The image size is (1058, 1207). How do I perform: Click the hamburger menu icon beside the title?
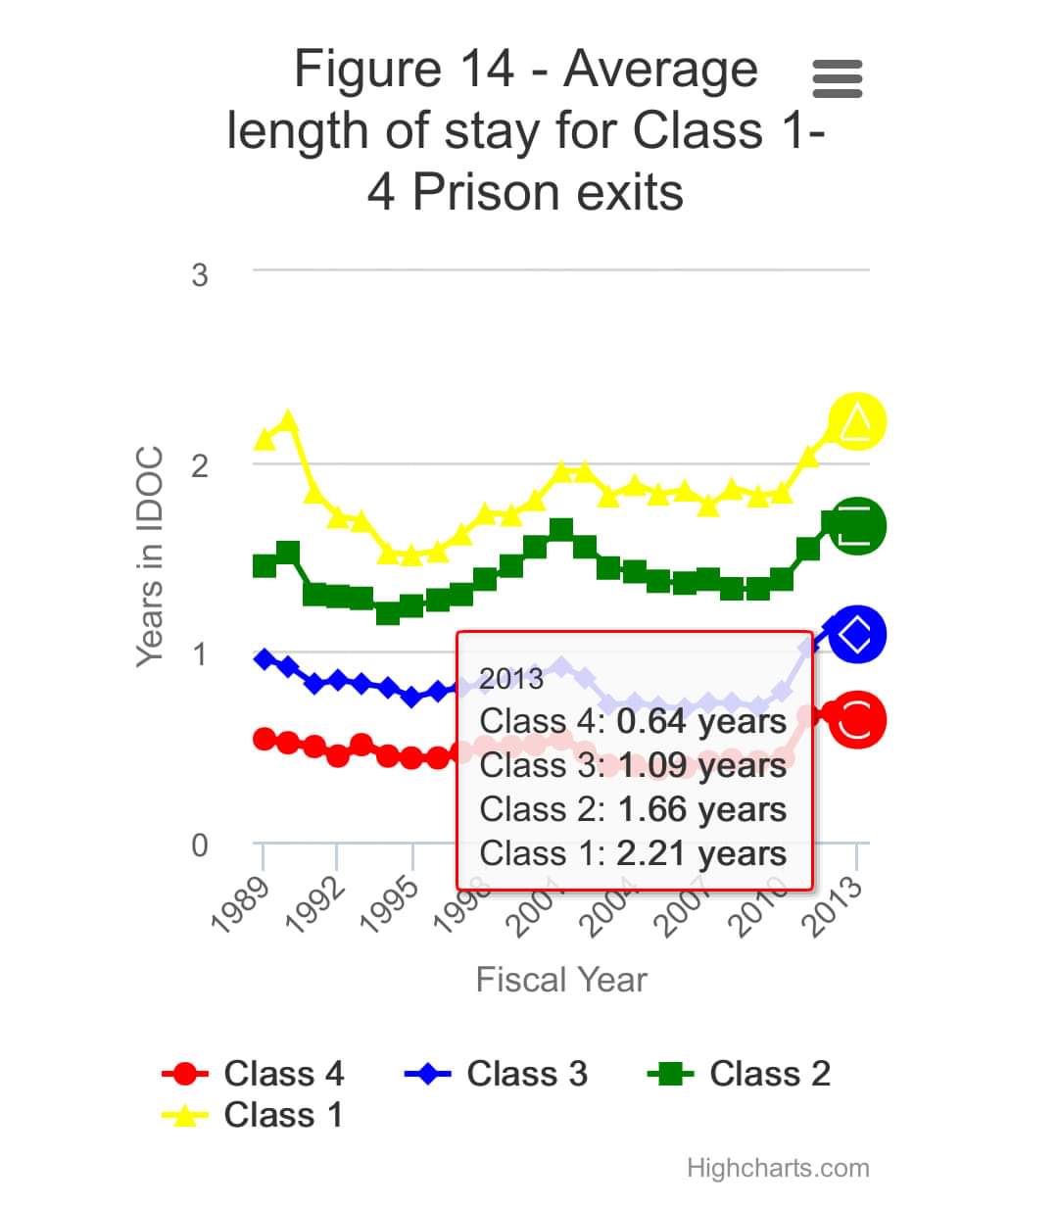838,78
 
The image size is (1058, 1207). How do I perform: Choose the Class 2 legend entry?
741,1074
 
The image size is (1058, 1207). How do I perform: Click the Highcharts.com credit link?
778,1168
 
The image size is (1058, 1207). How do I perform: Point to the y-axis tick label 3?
200,274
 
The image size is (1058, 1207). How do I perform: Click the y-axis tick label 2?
200,464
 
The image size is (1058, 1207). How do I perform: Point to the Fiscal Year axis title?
561,980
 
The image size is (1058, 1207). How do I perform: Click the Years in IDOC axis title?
149,556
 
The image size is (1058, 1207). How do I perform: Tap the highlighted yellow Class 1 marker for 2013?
857,421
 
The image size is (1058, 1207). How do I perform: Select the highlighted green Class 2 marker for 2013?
857,525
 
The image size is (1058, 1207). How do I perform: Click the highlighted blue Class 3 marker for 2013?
857,634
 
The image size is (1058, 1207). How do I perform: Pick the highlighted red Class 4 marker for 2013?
857,720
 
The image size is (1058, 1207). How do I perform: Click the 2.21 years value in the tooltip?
701,853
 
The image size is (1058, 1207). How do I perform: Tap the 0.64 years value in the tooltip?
701,722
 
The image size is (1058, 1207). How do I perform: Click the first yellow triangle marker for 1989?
264,439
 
